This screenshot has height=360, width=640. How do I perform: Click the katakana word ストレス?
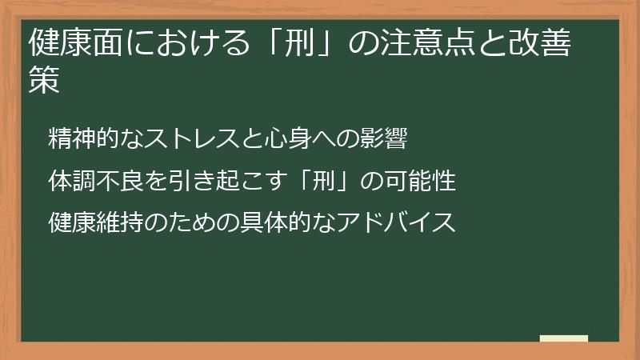coord(186,138)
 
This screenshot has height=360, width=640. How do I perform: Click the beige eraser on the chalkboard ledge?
coord(563,338)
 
